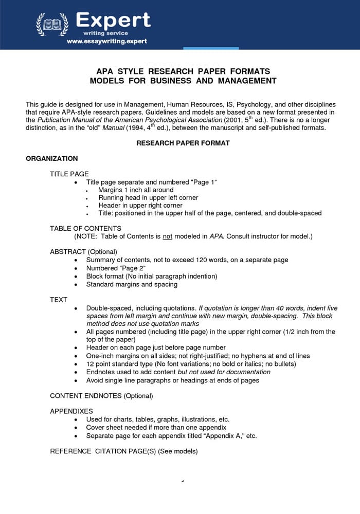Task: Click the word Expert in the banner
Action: pyautogui.click(x=113, y=20)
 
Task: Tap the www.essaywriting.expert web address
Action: pyautogui.click(x=106, y=41)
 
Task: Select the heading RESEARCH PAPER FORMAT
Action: pyautogui.click(x=183, y=143)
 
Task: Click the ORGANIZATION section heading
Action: pyautogui.click(x=52, y=159)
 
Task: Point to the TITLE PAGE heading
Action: pyautogui.click(x=69, y=174)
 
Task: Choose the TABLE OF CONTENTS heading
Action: pyautogui.click(x=85, y=228)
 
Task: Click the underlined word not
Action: pyautogui.click(x=167, y=236)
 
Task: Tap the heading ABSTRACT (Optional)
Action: pyautogui.click(x=83, y=252)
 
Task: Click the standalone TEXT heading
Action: pyautogui.click(x=59, y=299)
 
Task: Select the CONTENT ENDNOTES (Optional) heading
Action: pyautogui.click(x=101, y=396)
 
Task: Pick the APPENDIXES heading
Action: pyautogui.click(x=71, y=411)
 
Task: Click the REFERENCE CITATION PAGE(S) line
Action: pyautogui.click(x=123, y=451)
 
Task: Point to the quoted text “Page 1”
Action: pyautogui.click(x=204, y=182)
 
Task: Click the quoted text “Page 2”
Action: pyautogui.click(x=132, y=268)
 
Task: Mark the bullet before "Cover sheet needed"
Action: pyautogui.click(x=76, y=428)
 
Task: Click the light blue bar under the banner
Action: pyautogui.click(x=211, y=48)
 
